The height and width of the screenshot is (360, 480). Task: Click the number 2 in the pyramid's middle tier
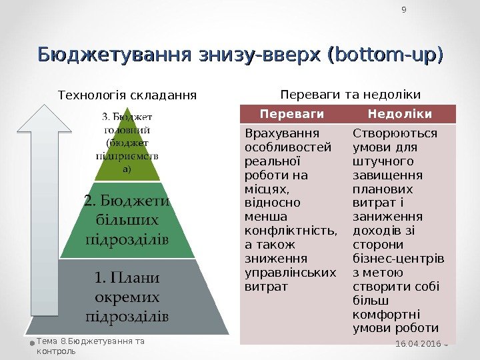(87, 200)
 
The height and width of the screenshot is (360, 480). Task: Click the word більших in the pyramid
(127, 219)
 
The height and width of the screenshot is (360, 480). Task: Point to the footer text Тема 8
(50, 341)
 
